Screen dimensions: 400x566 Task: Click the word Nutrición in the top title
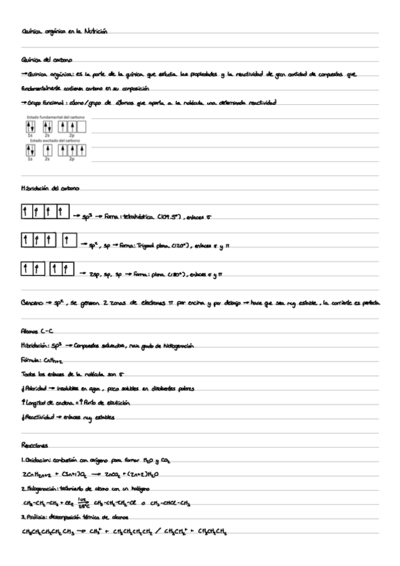[93, 31]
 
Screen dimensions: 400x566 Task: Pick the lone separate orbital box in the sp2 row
[70, 240]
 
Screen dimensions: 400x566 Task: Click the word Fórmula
[32, 360]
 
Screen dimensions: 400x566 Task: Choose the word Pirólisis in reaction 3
[39, 517]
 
